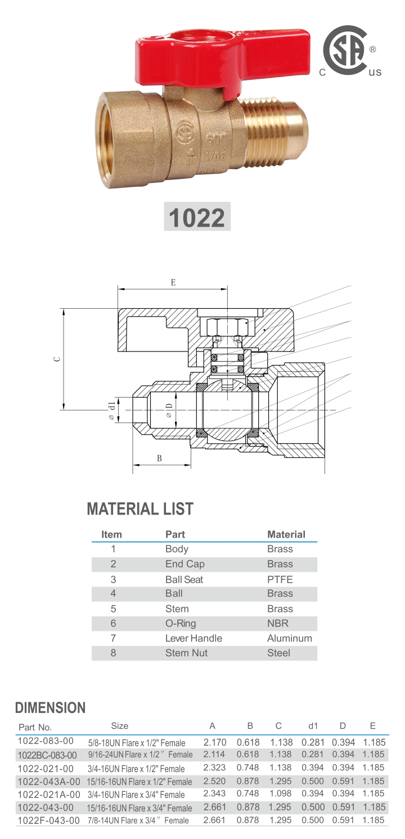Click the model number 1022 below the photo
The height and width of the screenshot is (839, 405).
coord(197,217)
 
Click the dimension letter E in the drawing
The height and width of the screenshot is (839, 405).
coord(173,282)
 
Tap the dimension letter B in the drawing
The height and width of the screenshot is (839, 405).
coord(159,458)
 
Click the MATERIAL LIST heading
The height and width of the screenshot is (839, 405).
coord(140,509)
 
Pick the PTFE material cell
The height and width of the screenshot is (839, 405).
coord(280,579)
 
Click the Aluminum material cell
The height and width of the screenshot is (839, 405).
coord(289,638)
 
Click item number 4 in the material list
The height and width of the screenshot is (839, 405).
coord(113,593)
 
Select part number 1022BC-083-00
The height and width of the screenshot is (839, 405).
coord(47,755)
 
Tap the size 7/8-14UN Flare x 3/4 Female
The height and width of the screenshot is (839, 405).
coord(138,820)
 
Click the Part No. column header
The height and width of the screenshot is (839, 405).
coord(35,727)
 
